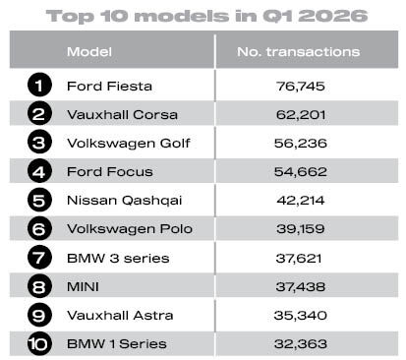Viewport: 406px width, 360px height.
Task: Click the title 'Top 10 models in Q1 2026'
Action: click(x=206, y=17)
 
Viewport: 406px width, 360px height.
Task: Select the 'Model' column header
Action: click(x=89, y=52)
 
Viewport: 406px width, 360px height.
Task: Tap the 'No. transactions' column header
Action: click(x=299, y=52)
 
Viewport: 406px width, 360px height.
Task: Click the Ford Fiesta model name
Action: click(x=109, y=87)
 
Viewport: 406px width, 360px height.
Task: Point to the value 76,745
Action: click(x=301, y=87)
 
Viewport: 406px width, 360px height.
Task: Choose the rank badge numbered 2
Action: click(x=39, y=113)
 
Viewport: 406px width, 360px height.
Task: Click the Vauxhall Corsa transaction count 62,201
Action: click(x=301, y=115)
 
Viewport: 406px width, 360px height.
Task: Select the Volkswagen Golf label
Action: click(x=129, y=144)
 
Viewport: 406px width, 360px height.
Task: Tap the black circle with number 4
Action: click(x=39, y=171)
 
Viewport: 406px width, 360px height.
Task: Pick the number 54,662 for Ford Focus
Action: click(x=301, y=172)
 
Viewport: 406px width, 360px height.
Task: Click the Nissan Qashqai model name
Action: click(x=124, y=201)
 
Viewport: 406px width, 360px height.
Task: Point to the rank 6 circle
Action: click(x=39, y=228)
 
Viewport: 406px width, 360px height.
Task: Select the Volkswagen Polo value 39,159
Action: click(x=301, y=229)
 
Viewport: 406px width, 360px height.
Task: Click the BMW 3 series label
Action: click(x=118, y=258)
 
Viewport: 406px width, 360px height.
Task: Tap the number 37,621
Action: click(x=299, y=258)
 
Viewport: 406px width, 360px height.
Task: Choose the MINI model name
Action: click(x=83, y=287)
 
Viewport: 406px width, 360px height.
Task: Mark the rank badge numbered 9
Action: click(x=39, y=315)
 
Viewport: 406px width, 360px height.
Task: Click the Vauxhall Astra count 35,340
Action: click(x=301, y=316)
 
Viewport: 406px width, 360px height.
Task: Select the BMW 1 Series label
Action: click(x=117, y=344)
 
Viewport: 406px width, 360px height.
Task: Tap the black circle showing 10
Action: click(x=39, y=343)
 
